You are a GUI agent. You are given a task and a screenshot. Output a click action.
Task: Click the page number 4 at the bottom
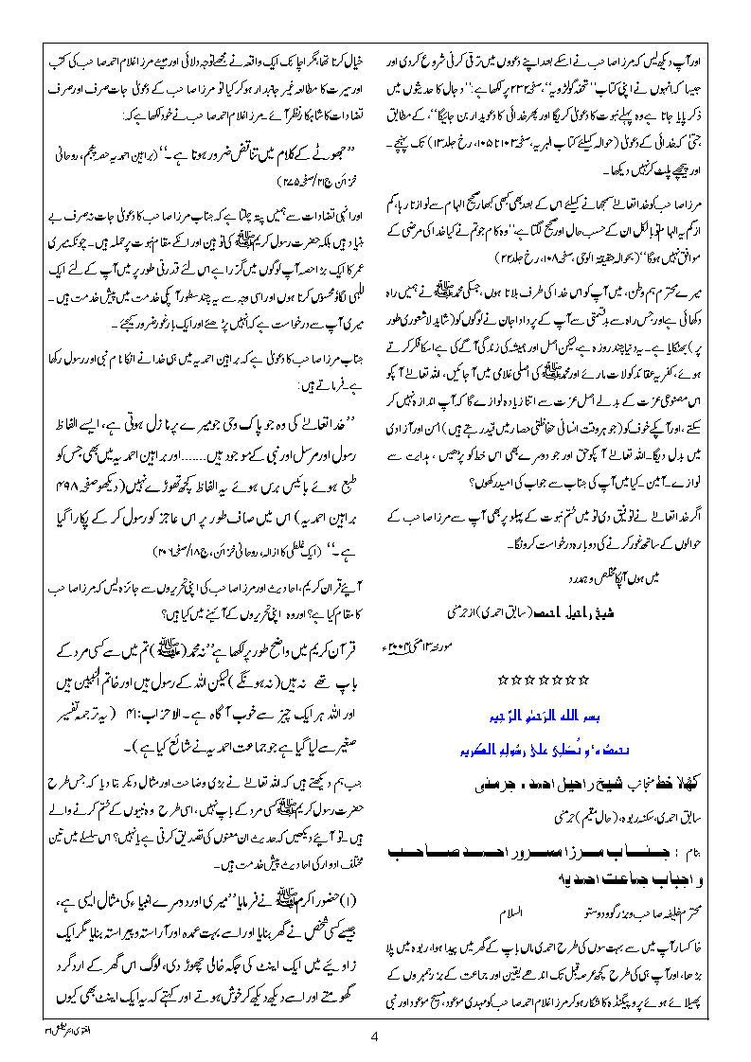click(x=375, y=1036)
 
